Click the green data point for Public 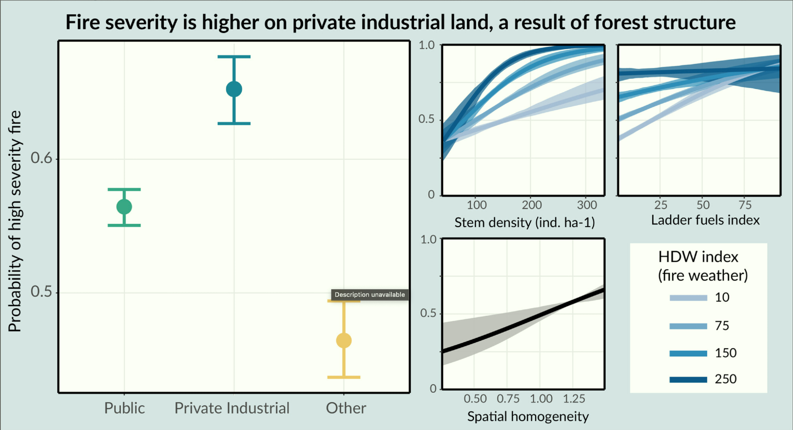pos(124,207)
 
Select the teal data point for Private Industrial pos(234,89)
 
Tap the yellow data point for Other pos(344,340)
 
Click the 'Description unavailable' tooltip pos(370,294)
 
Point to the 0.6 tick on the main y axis pos(42,158)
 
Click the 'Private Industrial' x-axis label pos(232,408)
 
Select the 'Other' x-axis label pos(346,408)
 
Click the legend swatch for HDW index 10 pos(688,298)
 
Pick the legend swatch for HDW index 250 pos(688,380)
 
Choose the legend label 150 pos(726,353)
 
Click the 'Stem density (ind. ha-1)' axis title pos(524,223)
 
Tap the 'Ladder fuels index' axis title pos(705,220)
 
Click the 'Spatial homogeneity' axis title pos(528,417)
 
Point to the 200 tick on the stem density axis pos(532,205)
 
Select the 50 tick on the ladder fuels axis pos(703,205)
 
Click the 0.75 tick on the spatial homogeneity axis pos(508,399)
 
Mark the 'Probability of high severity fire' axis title pos(15,221)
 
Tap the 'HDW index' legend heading pos(698,257)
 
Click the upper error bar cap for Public pos(124,189)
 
